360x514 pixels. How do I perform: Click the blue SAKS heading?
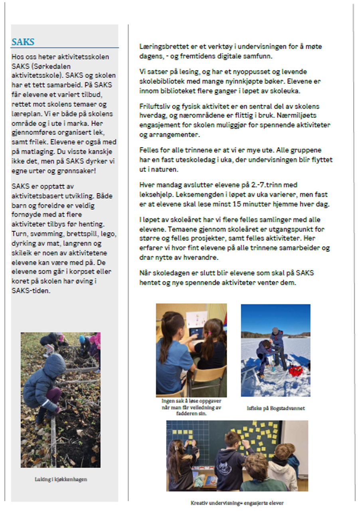click(23, 42)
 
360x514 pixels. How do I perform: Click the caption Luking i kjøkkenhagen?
click(60, 479)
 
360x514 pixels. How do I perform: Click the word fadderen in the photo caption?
click(186, 413)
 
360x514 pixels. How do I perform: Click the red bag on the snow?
click(296, 371)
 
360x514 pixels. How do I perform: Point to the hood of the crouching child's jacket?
click(55, 364)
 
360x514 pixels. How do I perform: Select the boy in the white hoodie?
click(282, 471)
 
